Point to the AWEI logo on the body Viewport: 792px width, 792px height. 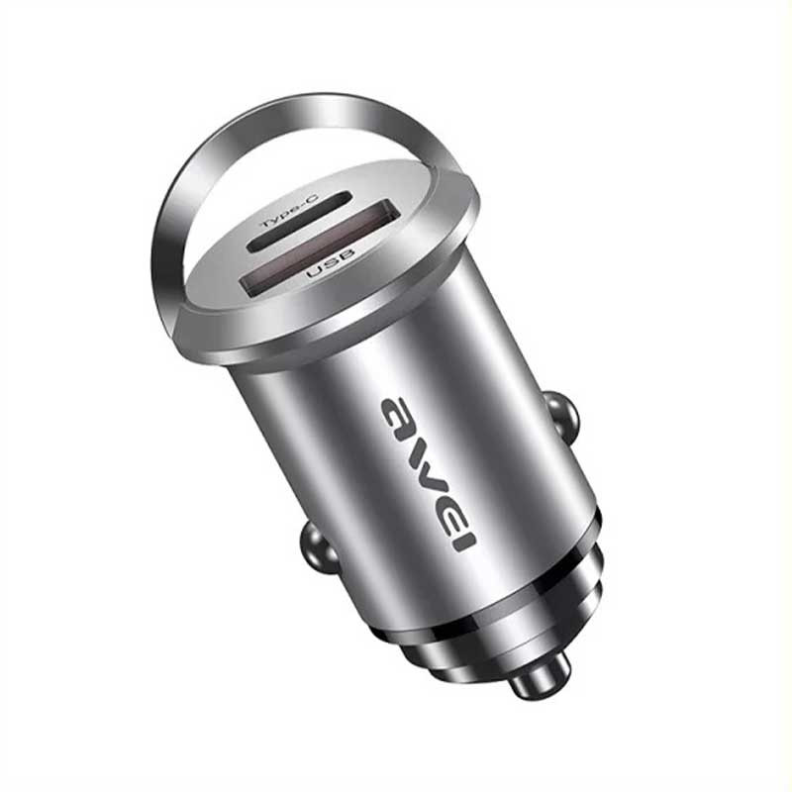427,472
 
